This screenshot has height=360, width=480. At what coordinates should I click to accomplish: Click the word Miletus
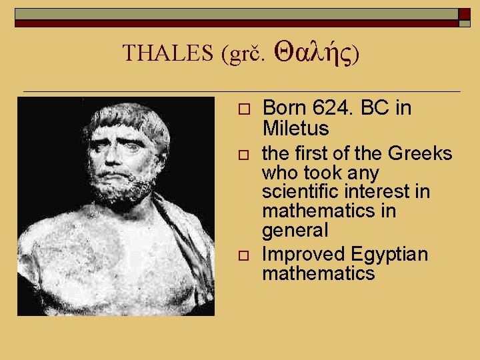296,127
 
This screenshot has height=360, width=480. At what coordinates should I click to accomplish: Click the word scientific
299,192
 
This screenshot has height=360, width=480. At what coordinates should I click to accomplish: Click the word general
295,231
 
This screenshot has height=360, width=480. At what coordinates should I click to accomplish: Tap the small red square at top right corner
464,14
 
